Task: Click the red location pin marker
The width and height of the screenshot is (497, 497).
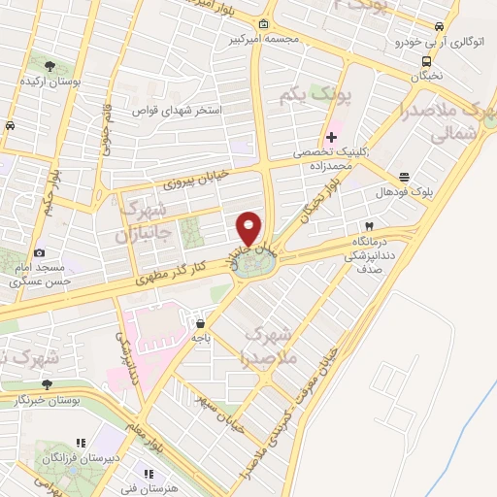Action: pos(249,229)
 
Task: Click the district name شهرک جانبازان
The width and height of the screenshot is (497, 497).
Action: pos(142,221)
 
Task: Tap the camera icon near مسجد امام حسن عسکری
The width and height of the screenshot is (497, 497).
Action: pos(39,253)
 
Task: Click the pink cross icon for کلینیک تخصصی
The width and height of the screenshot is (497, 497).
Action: pos(331,136)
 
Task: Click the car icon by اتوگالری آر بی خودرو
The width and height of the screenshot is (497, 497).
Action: pos(440,26)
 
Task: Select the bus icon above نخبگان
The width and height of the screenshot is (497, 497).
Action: pos(424,61)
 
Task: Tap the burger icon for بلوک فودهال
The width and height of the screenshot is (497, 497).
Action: pos(403,176)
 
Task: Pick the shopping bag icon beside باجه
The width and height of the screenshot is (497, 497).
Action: pos(200,323)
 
